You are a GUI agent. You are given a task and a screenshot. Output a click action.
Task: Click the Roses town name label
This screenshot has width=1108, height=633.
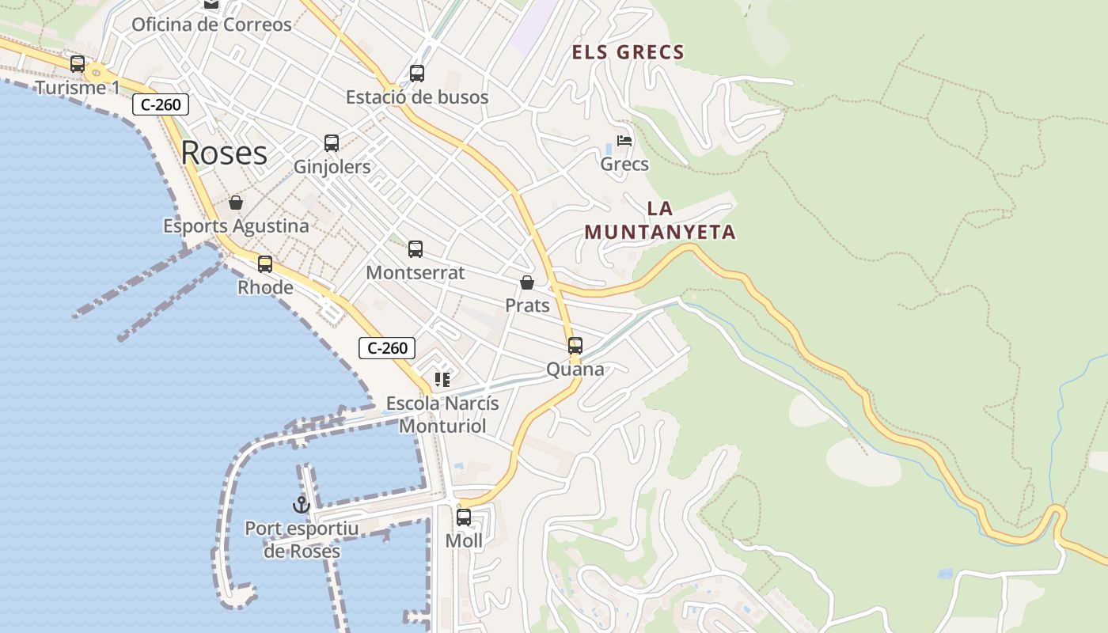(x=224, y=153)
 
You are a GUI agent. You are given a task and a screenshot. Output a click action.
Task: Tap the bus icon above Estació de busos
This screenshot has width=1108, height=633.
(x=417, y=74)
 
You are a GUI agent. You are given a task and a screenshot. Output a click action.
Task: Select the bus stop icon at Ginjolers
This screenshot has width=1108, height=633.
(x=332, y=143)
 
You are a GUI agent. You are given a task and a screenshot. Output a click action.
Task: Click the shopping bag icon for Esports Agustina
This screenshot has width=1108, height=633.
(x=236, y=203)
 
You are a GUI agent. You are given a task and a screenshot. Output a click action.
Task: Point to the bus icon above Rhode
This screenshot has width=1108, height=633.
(x=265, y=263)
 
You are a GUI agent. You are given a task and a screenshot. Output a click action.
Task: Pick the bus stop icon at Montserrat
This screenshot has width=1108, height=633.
(x=415, y=249)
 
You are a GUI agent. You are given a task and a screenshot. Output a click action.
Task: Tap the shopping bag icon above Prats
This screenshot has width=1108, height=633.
(x=527, y=282)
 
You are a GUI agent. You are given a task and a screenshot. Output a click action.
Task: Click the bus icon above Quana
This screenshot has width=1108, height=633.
(x=575, y=346)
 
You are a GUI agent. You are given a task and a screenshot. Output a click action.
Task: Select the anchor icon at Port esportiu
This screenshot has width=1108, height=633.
(x=301, y=504)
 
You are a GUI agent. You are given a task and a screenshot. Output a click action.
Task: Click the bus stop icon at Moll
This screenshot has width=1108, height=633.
(x=464, y=517)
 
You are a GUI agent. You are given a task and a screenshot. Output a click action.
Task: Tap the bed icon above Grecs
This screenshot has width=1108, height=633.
(x=624, y=141)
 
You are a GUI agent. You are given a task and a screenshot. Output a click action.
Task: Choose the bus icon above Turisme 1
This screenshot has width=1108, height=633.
(x=78, y=64)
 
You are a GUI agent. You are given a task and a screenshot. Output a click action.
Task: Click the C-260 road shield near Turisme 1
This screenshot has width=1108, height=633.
(x=161, y=104)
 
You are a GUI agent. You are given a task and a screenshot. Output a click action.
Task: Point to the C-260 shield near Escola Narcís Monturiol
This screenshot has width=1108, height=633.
(x=387, y=348)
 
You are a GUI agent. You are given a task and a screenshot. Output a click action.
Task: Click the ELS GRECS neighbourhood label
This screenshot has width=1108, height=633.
(x=628, y=53)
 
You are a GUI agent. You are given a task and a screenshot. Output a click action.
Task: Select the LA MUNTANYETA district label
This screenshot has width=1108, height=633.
(x=659, y=220)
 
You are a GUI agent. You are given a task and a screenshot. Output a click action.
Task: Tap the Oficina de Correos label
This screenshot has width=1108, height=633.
(x=211, y=25)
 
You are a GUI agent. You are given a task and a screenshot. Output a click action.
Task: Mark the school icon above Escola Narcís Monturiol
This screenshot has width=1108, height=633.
(x=442, y=380)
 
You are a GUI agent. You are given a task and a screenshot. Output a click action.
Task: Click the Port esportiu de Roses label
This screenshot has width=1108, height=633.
(x=302, y=540)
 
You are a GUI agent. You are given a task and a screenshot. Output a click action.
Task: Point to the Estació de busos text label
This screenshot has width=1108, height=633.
(x=417, y=97)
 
